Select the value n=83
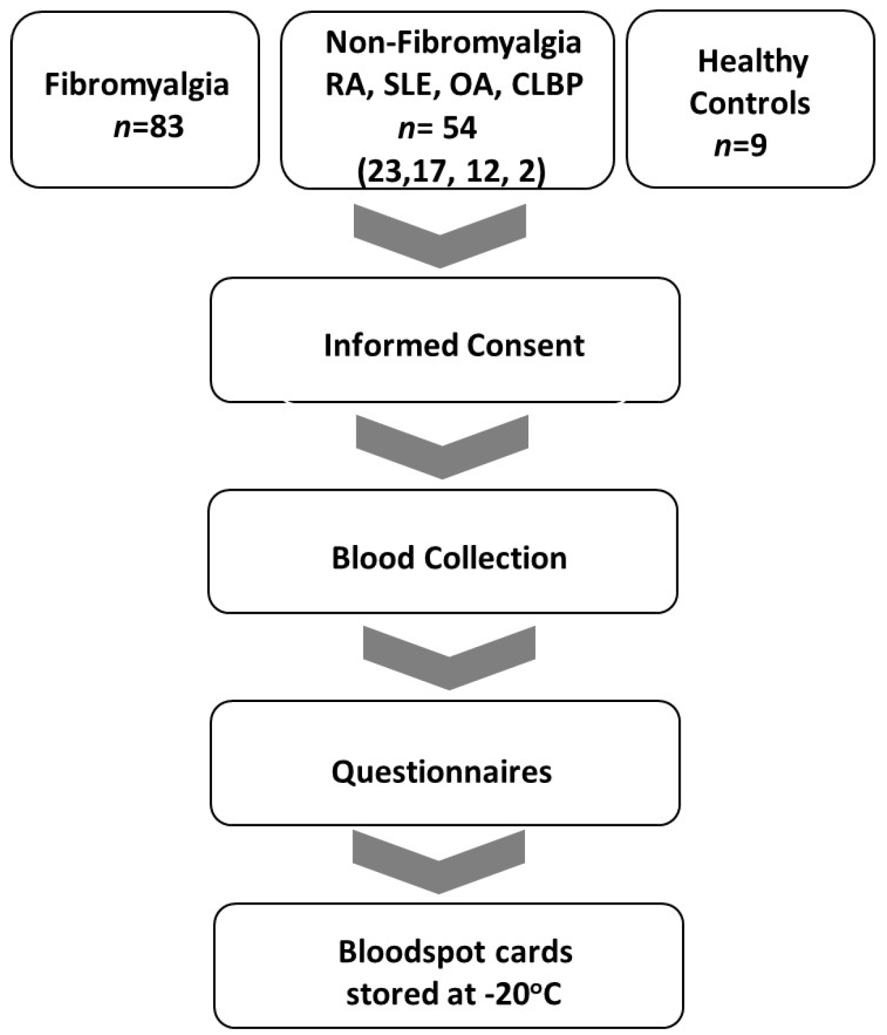[x=148, y=127]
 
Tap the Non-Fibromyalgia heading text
[x=453, y=43]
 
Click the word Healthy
[x=753, y=62]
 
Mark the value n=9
[x=740, y=145]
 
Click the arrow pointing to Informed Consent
[x=440, y=235]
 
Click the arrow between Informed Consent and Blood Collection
[x=441, y=447]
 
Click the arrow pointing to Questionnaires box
[x=449, y=657]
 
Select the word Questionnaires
[x=441, y=772]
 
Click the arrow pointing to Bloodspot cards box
[x=439, y=862]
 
